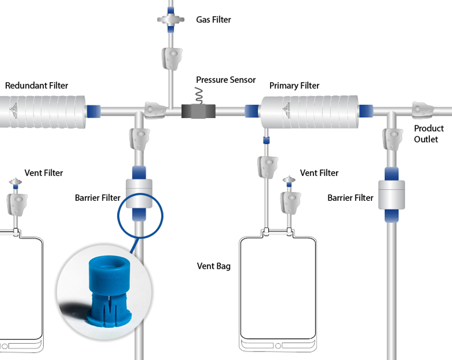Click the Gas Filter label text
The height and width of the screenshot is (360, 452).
[x=214, y=20]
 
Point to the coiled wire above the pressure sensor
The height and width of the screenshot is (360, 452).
[x=200, y=95]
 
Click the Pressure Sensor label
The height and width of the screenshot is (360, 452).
[x=226, y=80]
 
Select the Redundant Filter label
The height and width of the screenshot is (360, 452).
[x=36, y=85]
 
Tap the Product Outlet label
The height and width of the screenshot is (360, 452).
[x=428, y=134]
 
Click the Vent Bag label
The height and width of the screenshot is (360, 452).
[x=214, y=266]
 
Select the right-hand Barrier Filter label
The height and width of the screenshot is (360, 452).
[x=350, y=198]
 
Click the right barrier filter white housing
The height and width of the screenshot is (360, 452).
[x=391, y=195]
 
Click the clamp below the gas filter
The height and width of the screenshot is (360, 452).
[x=171, y=58]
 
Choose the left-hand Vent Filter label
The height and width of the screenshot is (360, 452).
[x=44, y=173]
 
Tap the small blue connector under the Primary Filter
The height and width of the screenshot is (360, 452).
[x=267, y=140]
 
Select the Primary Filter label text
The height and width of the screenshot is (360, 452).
[x=294, y=85]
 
